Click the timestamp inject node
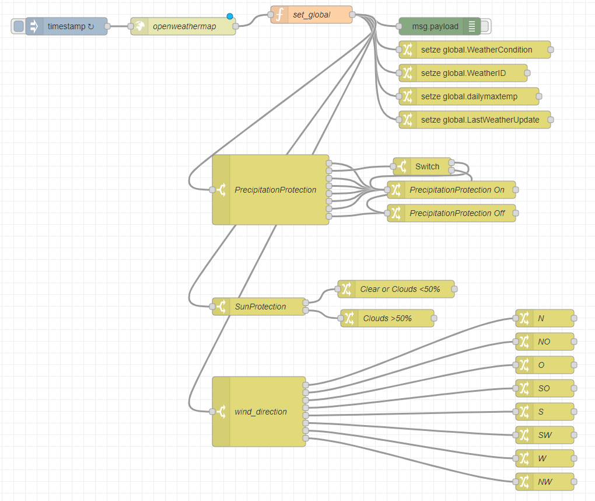(70, 26)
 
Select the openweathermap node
(184, 26)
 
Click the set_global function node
(311, 15)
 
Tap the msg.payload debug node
(435, 26)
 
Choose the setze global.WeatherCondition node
(475, 50)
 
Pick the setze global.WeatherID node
(463, 73)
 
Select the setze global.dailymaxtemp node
(469, 96)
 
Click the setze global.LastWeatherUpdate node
(475, 120)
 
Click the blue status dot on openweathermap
(230, 16)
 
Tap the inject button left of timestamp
(18, 26)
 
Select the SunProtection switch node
(260, 307)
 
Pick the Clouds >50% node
(387, 318)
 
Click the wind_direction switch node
(260, 412)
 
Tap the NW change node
(545, 482)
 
